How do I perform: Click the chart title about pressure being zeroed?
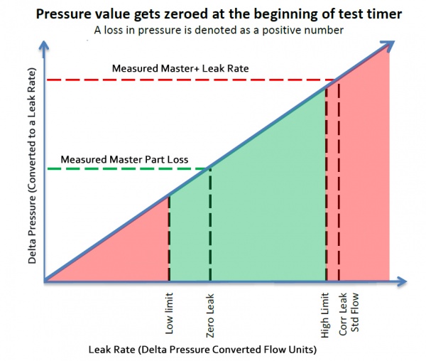pyautogui.click(x=213, y=14)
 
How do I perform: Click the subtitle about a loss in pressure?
pyautogui.click(x=213, y=30)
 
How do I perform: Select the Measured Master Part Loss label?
pyautogui.click(x=124, y=159)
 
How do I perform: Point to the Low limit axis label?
pyautogui.click(x=169, y=316)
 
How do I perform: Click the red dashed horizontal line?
pyautogui.click(x=177, y=80)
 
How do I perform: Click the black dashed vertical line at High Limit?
pyautogui.click(x=326, y=185)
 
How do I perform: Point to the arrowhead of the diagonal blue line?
pyautogui.click(x=388, y=47)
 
